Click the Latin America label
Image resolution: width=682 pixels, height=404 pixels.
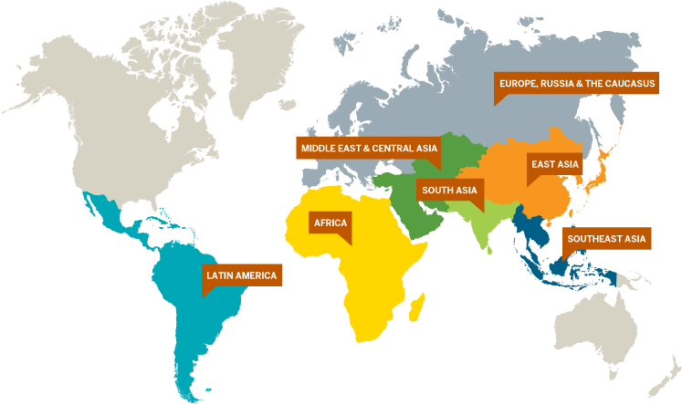pos(241,275)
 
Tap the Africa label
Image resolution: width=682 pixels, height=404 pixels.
pos(330,222)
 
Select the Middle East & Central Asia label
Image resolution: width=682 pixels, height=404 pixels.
pos(369,148)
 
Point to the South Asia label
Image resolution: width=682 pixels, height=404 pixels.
pos(449,190)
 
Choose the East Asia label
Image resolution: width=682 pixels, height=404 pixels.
pos(555,164)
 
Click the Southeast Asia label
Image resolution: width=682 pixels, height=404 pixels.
pos(606,240)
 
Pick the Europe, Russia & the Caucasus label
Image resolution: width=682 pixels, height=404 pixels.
pos(577,84)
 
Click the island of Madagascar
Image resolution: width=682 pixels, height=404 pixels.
pos(417,302)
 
